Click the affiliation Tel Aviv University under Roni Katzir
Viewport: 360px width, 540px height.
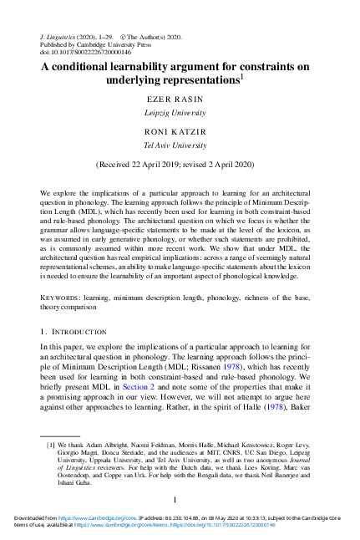(180, 144)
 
